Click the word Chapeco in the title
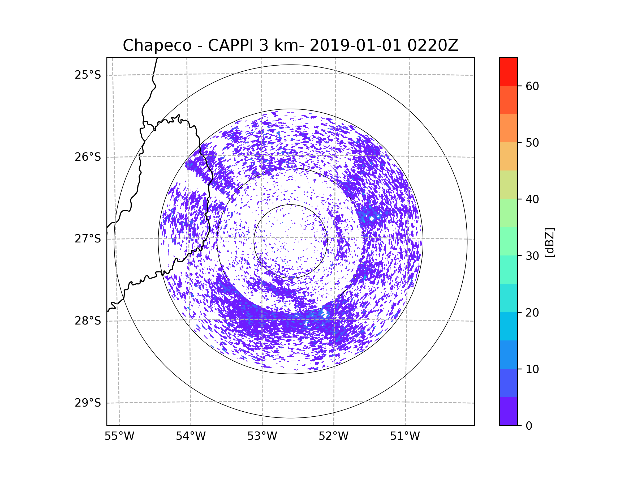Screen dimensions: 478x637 point(157,45)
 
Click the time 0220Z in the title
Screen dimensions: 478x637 point(433,45)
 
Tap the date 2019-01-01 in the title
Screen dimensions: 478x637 point(355,45)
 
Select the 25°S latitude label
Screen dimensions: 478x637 point(88,75)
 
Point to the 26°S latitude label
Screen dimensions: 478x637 point(88,157)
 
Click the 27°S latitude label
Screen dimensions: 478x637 point(88,239)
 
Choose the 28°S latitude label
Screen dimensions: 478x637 point(88,321)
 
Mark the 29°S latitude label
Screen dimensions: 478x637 point(88,403)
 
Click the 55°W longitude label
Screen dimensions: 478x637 point(119,436)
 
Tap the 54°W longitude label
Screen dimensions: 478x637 point(191,436)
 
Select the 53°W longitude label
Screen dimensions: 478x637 point(262,436)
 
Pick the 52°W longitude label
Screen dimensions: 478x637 point(333,436)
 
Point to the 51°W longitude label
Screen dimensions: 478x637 point(405,436)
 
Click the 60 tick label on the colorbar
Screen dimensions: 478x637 point(532,86)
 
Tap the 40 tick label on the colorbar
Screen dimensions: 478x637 point(532,199)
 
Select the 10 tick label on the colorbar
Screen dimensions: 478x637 point(532,369)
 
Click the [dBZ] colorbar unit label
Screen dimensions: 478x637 point(549,242)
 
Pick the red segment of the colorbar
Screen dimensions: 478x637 point(508,71)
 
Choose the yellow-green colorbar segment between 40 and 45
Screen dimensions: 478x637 point(508,185)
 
